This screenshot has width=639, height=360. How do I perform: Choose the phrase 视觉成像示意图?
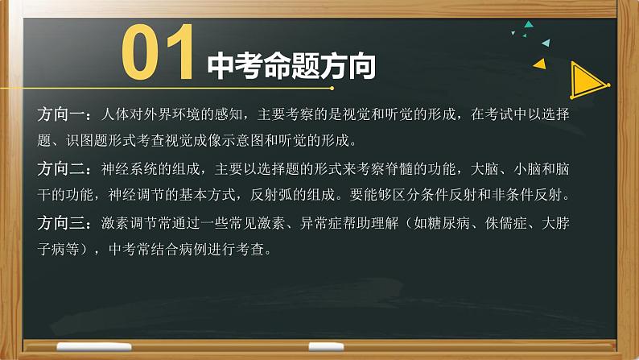click(263, 141)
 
